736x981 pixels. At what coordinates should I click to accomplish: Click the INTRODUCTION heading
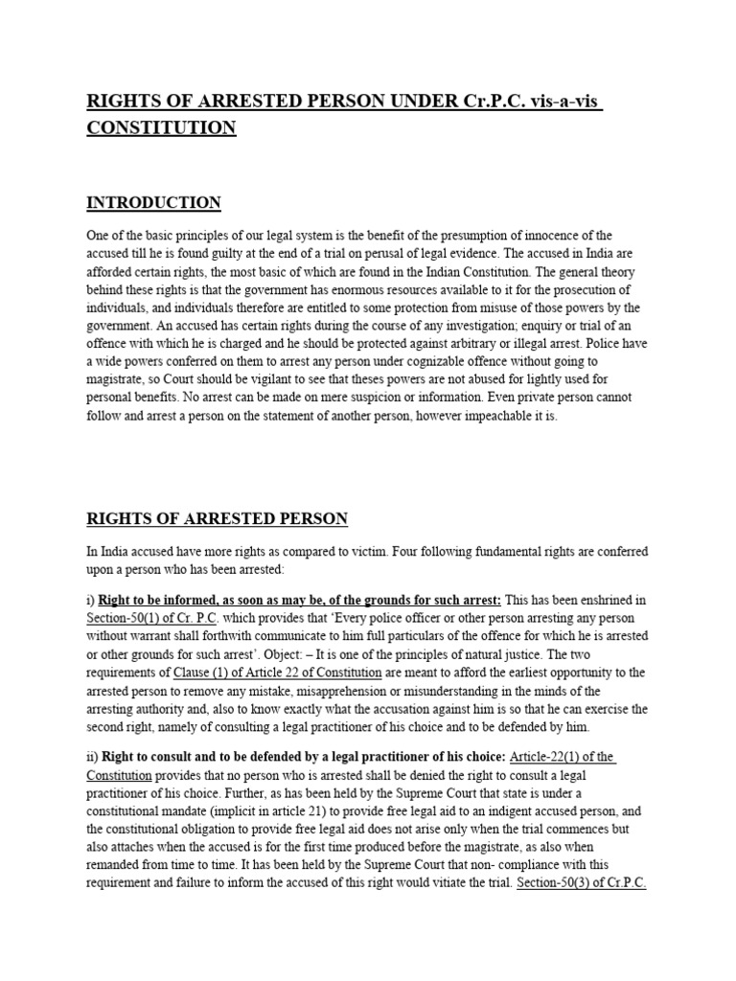point(153,203)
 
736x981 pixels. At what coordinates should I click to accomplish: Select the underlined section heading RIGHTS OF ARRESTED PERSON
point(217,519)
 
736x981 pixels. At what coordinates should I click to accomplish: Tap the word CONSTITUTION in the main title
point(161,128)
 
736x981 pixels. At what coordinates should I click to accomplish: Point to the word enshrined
point(603,601)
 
